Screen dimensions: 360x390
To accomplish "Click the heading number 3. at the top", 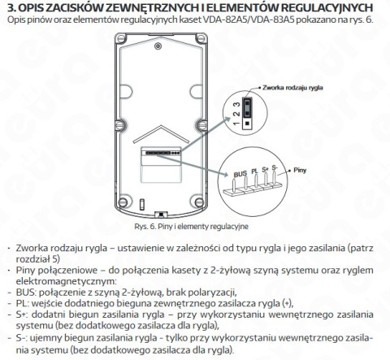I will tap(11, 7).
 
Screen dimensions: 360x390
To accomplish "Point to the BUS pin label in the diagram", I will tap(240, 173).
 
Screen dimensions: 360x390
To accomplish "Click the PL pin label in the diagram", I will tap(253, 172).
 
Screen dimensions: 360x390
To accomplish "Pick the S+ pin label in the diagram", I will tap(265, 169).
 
